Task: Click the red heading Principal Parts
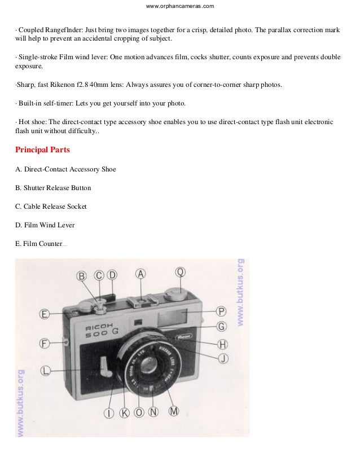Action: click(42, 151)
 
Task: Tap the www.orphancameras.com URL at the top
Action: click(180, 6)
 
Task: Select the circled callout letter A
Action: click(141, 274)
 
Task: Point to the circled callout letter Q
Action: click(180, 272)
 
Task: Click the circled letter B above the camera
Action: click(82, 276)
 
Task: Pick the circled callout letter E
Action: click(45, 314)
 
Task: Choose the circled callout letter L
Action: click(45, 371)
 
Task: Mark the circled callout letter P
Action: click(222, 311)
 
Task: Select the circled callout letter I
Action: click(109, 413)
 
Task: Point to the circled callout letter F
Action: click(45, 342)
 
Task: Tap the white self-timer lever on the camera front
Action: click(104, 366)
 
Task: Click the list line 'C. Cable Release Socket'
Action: click(51, 206)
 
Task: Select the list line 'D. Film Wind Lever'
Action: click(45, 225)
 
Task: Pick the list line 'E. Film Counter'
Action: click(39, 244)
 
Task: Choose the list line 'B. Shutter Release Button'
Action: click(53, 188)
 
